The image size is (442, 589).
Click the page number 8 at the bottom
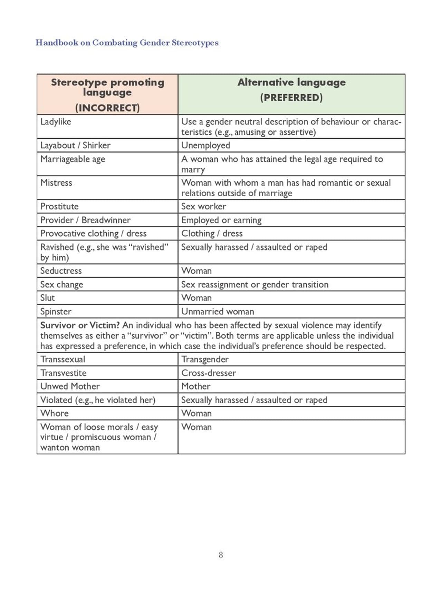pyautogui.click(x=221, y=555)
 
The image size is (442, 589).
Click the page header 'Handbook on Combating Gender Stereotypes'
pyautogui.click(x=127, y=43)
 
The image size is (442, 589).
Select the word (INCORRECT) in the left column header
pyautogui.click(x=107, y=108)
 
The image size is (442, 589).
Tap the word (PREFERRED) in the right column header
pyautogui.click(x=291, y=98)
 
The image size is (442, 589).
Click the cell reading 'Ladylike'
pyautogui.click(x=56, y=122)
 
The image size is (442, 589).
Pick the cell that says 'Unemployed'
pyautogui.click(x=206, y=145)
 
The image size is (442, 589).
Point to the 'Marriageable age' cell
pyautogui.click(x=73, y=159)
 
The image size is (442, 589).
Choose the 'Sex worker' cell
pyautogui.click(x=204, y=206)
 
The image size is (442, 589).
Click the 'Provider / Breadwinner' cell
pyautogui.click(x=85, y=220)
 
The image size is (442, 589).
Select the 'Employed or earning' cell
pyautogui.click(x=221, y=220)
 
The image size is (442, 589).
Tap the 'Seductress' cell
pyautogui.click(x=61, y=271)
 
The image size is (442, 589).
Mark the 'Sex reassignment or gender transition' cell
pyautogui.click(x=255, y=285)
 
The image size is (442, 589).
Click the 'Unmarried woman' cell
pyautogui.click(x=218, y=312)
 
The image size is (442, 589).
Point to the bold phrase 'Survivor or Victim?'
pyautogui.click(x=80, y=325)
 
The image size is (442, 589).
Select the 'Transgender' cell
pyautogui.click(x=205, y=360)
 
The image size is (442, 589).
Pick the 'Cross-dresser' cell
pyautogui.click(x=209, y=373)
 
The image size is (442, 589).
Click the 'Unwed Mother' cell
pyautogui.click(x=70, y=386)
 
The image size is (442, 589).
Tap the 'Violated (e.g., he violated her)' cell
pyautogui.click(x=98, y=400)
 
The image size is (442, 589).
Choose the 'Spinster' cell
pyautogui.click(x=56, y=312)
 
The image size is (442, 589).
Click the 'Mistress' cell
pyautogui.click(x=56, y=183)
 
